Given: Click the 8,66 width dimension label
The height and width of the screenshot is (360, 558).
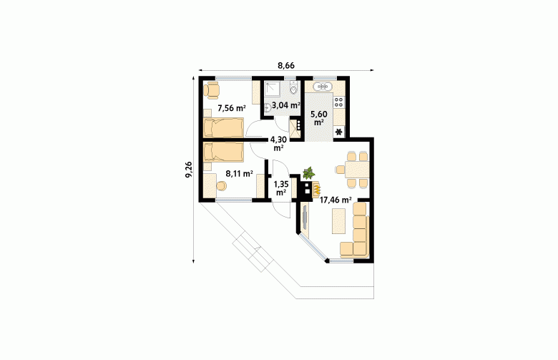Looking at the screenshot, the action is coord(286,66).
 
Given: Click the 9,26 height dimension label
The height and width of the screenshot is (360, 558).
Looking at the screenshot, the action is coord(189,168).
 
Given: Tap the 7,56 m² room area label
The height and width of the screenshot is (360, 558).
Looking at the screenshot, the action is coord(232,107).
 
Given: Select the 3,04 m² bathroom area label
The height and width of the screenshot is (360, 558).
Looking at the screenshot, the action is coord(285,105).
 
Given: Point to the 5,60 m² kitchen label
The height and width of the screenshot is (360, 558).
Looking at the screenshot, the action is coord(319,118).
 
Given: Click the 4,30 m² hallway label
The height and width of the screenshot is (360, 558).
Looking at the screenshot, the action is coord(278,144).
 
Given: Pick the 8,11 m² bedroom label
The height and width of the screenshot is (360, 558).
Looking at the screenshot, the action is coord(239,174).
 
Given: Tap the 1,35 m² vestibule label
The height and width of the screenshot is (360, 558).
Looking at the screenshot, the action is coord(280,188).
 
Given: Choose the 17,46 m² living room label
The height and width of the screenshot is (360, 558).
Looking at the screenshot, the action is coord(336,200).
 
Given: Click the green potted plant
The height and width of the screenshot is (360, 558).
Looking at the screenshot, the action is coord(308,173).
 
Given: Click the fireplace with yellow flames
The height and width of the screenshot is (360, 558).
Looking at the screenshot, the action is coord(316,189).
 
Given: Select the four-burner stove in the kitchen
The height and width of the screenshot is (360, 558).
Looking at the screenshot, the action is coord(339,102).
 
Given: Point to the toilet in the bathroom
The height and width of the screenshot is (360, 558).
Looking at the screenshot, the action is coord(293,87).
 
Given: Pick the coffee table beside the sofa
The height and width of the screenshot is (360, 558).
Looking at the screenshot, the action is coord(338,221).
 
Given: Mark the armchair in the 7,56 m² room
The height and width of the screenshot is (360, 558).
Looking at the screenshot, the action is coord(212,89).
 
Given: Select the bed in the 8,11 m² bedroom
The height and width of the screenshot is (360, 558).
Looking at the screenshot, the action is coord(223,153).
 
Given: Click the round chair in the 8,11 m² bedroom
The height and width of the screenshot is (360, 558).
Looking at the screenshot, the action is coord(222,186).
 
